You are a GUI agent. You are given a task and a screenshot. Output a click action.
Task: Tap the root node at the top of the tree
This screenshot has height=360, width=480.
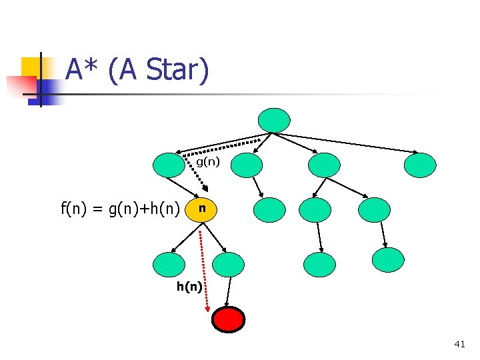[275, 120]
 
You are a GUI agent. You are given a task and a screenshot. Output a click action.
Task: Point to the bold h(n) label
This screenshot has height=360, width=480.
[189, 287]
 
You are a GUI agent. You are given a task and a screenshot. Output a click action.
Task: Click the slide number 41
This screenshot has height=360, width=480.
[459, 344]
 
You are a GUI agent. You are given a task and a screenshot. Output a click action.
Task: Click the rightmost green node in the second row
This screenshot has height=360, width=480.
[421, 165]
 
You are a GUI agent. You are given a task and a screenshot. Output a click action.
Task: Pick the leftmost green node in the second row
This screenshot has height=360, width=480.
[169, 165]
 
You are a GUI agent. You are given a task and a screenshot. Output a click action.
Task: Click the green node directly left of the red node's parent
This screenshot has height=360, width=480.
[169, 265]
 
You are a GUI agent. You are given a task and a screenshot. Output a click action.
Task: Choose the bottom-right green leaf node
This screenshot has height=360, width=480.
[388, 260]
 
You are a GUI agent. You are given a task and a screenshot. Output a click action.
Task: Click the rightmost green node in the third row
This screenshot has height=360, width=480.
[374, 209]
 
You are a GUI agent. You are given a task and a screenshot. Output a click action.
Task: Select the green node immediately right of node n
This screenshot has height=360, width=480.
[269, 209]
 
